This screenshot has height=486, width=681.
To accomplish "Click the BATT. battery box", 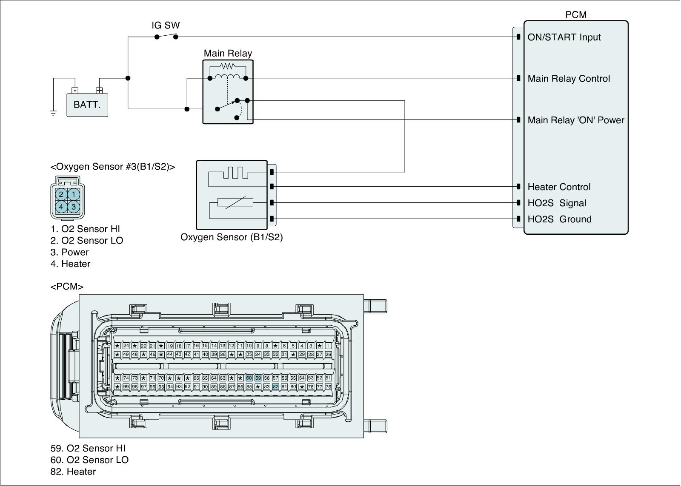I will pos(87,105).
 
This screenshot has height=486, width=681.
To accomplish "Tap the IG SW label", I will pos(166,26).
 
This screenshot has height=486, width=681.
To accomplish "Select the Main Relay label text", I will pos(228,54).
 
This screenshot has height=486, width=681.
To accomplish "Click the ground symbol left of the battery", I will pos(53,113).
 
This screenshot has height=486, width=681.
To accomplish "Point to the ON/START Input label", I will pos(564,37).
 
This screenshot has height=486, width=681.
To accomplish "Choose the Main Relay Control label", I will pos(569,79).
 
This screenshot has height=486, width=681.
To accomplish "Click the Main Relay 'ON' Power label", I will pos(575,120).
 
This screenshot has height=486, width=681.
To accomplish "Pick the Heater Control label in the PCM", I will pos(559,187).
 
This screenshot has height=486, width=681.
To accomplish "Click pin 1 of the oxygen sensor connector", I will pos(74,195).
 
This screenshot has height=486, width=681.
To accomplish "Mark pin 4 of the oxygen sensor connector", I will pos(61,207).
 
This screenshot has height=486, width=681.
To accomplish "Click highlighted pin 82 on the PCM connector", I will pos(275,387).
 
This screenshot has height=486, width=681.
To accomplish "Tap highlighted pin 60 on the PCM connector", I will pos(249,378).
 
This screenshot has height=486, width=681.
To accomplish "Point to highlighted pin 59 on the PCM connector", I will pos(258,378).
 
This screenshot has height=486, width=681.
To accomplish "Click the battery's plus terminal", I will pos(99,91).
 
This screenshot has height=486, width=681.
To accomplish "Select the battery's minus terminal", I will pos(75,91).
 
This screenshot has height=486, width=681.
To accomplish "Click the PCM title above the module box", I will pos(575,15).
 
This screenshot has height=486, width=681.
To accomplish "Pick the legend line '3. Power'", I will pos(69,252).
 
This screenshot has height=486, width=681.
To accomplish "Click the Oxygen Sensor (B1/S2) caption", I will pos(232,237).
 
